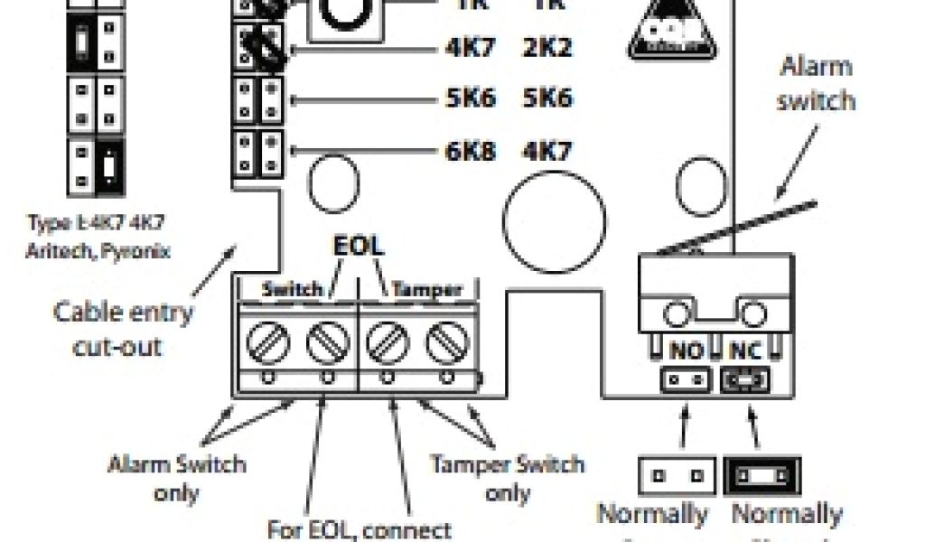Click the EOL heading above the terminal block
pos(359,247)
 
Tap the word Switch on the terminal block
pos(291,290)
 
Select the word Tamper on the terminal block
pos(426,290)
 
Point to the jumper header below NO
pos(685,379)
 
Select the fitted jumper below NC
pos(746,380)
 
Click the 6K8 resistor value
pos(471,150)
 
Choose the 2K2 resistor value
pos(547,46)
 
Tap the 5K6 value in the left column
pos(471,98)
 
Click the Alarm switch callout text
pos(816,82)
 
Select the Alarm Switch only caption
pos(176,478)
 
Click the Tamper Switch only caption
pos(507,478)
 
